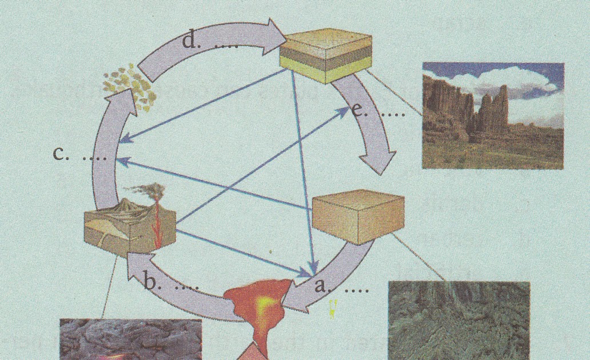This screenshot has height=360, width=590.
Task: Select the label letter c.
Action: tap(59, 153)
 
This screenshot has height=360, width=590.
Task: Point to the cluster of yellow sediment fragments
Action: tap(130, 86)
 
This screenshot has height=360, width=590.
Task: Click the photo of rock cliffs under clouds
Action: tap(493, 116)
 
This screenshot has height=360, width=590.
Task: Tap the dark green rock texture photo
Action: tap(459, 321)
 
